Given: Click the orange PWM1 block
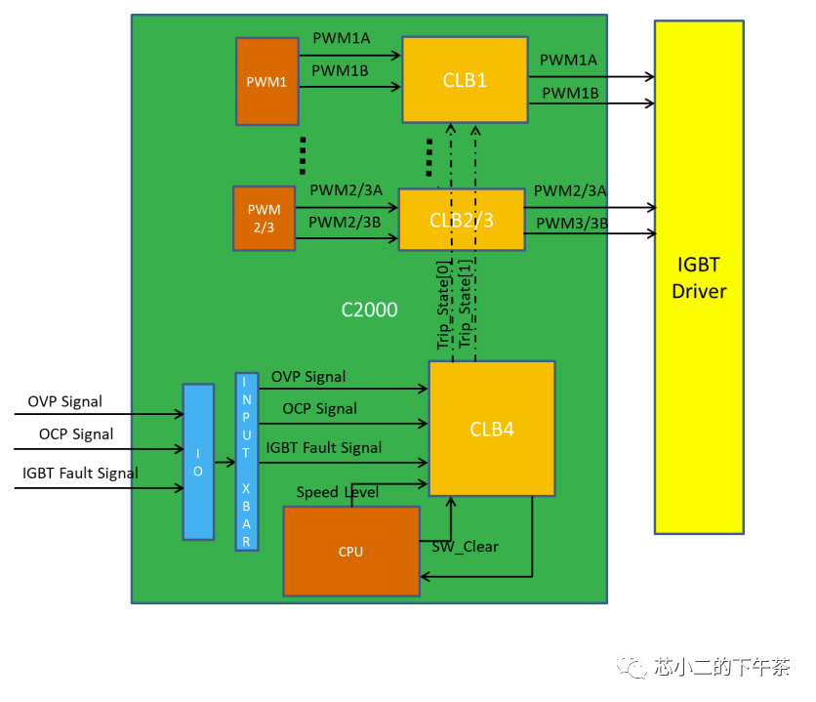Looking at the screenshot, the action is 267,81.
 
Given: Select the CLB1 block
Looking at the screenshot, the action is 465,80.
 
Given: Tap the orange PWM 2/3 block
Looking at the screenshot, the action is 264,219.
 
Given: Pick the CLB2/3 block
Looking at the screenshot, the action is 462,220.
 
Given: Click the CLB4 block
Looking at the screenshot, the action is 492,429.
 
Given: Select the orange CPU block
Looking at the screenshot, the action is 351,551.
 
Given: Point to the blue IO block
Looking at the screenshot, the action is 198,462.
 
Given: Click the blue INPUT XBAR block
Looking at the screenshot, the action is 247,462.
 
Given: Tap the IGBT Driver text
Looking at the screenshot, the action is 699,278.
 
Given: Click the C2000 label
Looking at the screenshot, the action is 369,310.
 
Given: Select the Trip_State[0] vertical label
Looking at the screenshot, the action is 442,305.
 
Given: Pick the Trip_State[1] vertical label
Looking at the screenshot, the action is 465,304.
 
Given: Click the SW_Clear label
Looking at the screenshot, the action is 466,547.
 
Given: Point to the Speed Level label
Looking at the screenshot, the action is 337,492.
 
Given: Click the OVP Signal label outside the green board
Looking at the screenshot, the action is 65,401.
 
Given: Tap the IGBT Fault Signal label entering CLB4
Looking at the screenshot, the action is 324,448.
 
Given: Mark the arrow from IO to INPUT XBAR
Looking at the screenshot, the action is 224,462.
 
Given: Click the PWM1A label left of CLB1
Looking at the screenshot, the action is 342,38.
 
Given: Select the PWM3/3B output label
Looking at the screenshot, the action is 572,224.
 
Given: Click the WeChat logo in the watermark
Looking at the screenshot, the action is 632,666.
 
